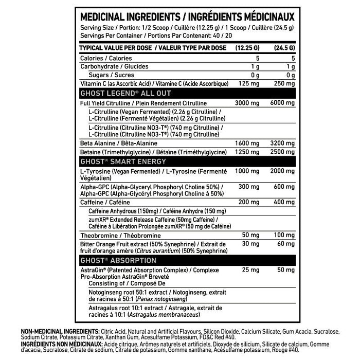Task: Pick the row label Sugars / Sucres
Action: coord(105,75)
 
